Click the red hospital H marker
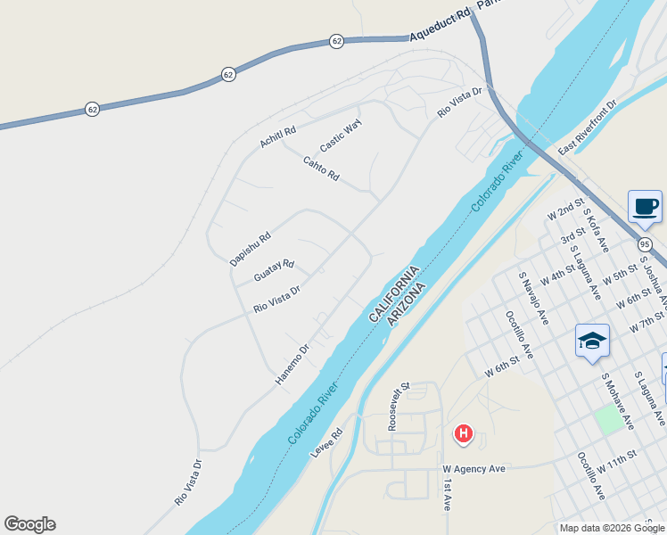(464, 434)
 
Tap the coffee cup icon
(645, 206)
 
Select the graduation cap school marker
(592, 340)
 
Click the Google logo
(29, 524)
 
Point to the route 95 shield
(646, 243)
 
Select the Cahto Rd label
(321, 169)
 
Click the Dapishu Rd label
(250, 249)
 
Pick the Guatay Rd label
(274, 271)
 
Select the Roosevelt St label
(398, 407)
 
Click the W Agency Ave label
(474, 468)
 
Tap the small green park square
(609, 419)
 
